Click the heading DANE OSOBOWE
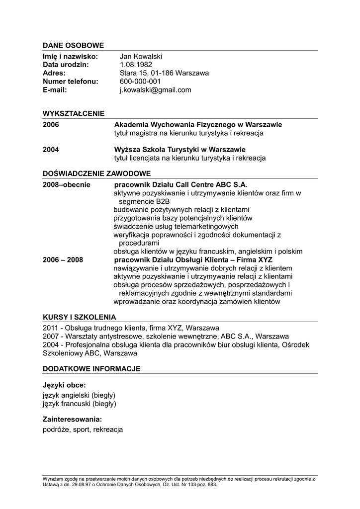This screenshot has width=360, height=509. [x=73, y=45]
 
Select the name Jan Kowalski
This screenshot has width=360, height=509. [x=141, y=57]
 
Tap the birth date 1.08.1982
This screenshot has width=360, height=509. [x=136, y=65]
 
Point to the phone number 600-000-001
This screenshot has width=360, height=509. [x=140, y=82]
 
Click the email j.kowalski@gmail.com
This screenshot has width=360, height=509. [x=155, y=90]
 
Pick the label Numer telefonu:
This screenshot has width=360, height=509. [x=70, y=82]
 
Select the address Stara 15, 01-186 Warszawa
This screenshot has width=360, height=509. [x=164, y=73]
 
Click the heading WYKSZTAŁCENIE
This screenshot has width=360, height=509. [x=74, y=113]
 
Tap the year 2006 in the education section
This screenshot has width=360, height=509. [x=51, y=125]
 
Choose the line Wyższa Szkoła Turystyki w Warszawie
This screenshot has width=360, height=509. [x=180, y=150]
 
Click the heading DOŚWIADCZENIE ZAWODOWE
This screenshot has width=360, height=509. [x=96, y=173]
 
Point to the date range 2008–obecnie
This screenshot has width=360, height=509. [x=67, y=184]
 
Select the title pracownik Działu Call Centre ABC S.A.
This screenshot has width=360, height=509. [x=181, y=184]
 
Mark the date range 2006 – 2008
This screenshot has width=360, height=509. [x=63, y=259]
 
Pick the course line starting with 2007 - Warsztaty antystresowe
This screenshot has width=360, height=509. [x=166, y=337]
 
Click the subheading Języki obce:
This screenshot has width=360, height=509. [x=64, y=385]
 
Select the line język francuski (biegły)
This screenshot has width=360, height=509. [x=80, y=404]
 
